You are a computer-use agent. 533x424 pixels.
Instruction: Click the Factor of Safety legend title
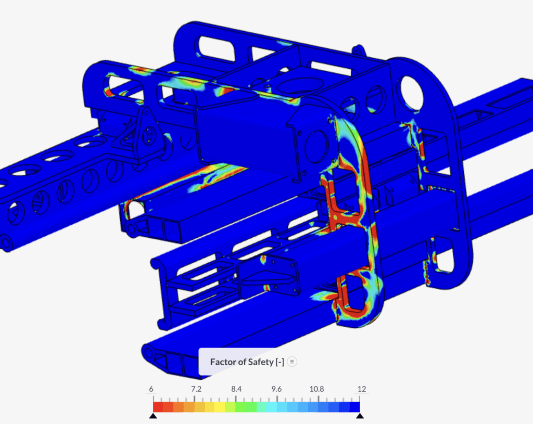click(247, 362)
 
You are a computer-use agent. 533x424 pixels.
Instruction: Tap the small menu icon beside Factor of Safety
click(292, 362)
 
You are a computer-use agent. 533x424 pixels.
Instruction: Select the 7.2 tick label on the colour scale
click(194, 389)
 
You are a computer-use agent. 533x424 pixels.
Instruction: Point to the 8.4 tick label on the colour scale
click(235, 389)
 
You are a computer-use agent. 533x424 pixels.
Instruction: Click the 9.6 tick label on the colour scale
click(276, 389)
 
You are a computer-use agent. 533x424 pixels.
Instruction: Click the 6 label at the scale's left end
click(151, 389)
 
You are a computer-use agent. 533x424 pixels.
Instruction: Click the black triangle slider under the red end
click(153, 416)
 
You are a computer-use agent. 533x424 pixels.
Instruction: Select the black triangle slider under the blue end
click(360, 416)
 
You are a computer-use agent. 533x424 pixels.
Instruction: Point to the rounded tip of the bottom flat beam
click(148, 354)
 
